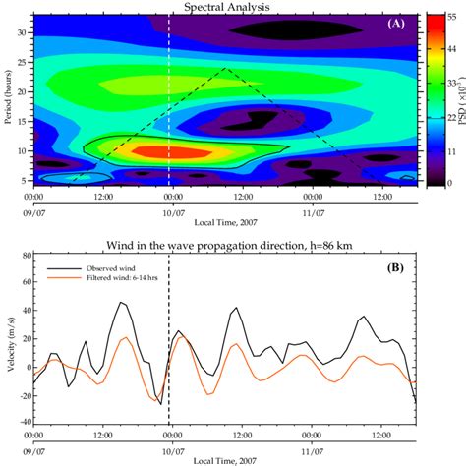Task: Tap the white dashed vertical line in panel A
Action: click(168, 98)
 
